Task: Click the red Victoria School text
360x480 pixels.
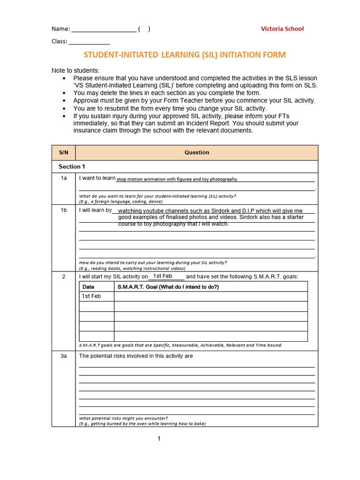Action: (x=282, y=29)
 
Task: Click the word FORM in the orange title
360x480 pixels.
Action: (x=273, y=55)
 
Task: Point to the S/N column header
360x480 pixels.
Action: (x=63, y=152)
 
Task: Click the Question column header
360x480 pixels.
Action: (x=196, y=152)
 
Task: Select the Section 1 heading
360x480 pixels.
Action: (x=72, y=166)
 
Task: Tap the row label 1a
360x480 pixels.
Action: (x=63, y=178)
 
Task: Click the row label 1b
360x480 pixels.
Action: (x=63, y=210)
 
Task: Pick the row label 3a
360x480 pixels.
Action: (x=63, y=356)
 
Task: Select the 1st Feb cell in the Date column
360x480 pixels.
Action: (x=91, y=296)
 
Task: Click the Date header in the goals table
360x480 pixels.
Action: (x=88, y=287)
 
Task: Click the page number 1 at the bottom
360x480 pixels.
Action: (x=159, y=439)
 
